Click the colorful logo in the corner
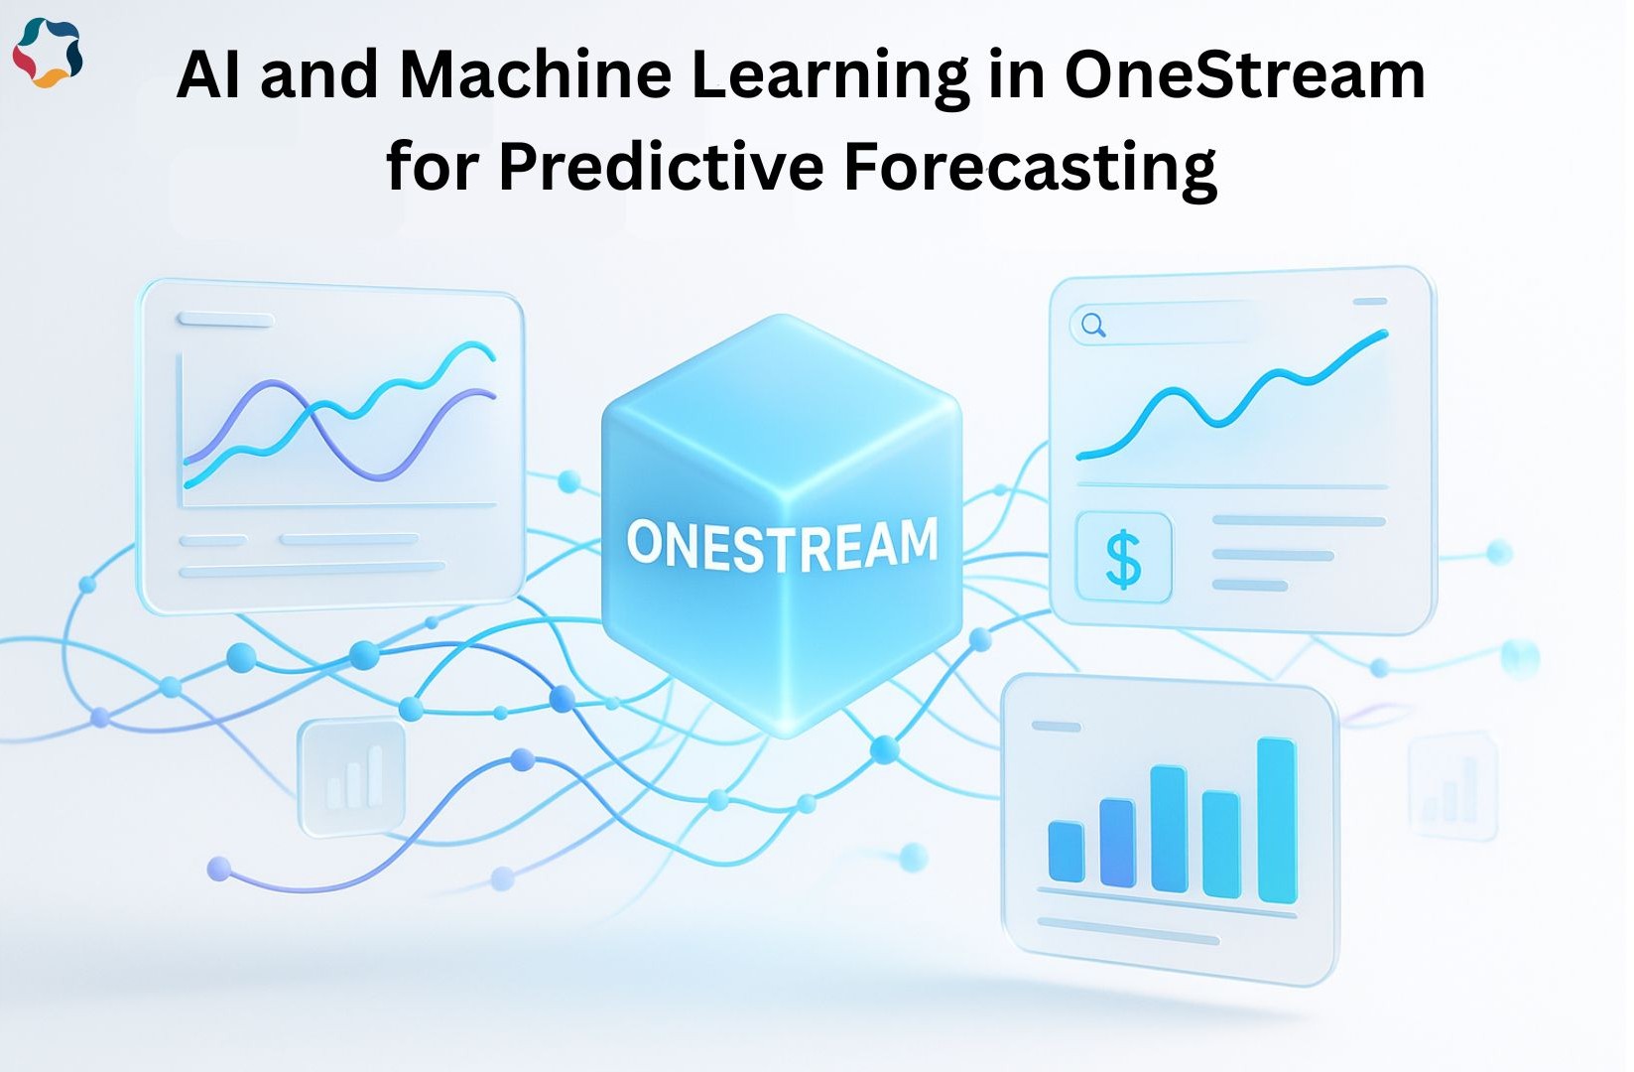tap(49, 54)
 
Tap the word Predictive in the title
tap(662, 167)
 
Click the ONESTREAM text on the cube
tap(782, 544)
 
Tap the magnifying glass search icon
tap(1093, 325)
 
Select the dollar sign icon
tap(1123, 558)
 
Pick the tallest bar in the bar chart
tap(1277, 820)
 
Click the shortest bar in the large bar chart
tap(1066, 851)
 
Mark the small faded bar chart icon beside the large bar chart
tap(1451, 787)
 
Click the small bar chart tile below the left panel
tap(352, 776)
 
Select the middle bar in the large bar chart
tap(1170, 829)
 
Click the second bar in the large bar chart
tap(1117, 843)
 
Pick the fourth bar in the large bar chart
tap(1221, 845)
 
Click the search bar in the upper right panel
tap(1164, 325)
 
